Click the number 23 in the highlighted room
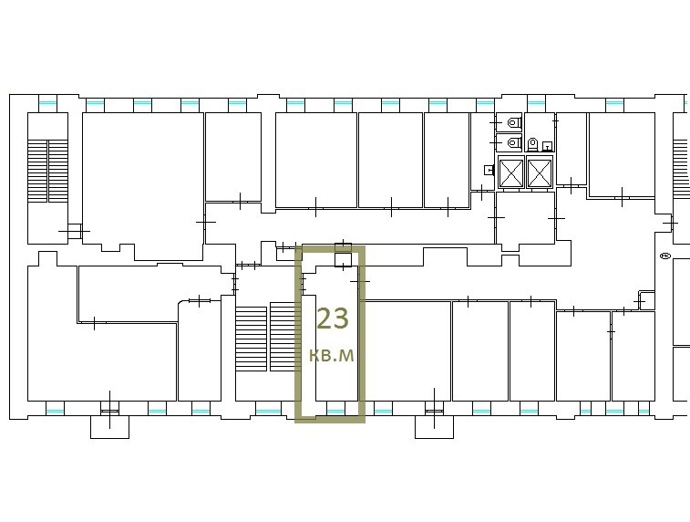(333, 318)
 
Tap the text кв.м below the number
(332, 355)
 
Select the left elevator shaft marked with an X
(511, 172)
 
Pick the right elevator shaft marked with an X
(540, 172)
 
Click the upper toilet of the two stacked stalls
(513, 122)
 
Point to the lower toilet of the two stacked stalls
(513, 142)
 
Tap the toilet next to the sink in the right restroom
(532, 143)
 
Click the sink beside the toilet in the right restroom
(547, 146)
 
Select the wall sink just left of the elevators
(489, 170)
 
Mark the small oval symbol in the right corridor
(664, 256)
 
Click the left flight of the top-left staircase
(37, 171)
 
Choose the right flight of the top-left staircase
(58, 171)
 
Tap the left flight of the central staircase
(252, 339)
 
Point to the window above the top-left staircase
(48, 104)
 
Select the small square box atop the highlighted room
(343, 260)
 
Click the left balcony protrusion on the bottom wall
(109, 427)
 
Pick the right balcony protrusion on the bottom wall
(435, 427)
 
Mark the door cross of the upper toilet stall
(496, 121)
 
